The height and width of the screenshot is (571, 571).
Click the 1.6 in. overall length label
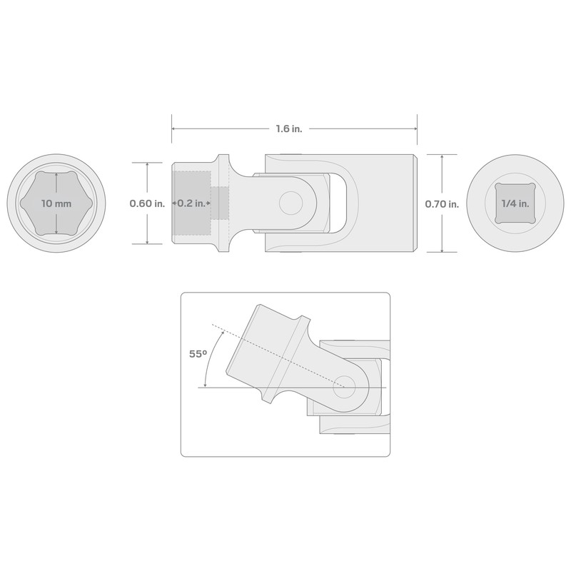coord(289,129)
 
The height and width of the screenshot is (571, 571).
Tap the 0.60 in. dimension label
coord(147,203)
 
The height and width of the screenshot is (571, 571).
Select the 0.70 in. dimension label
coord(442,203)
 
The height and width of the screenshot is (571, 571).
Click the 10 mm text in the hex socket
coord(56,203)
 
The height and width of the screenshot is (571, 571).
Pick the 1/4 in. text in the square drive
coord(515,203)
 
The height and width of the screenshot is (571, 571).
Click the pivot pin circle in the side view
coord(290,203)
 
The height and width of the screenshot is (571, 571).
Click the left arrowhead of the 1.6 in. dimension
coord(173,129)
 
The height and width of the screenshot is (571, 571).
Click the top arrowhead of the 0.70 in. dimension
coord(442,156)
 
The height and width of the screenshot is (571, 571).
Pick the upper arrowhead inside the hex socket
coord(56,175)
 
